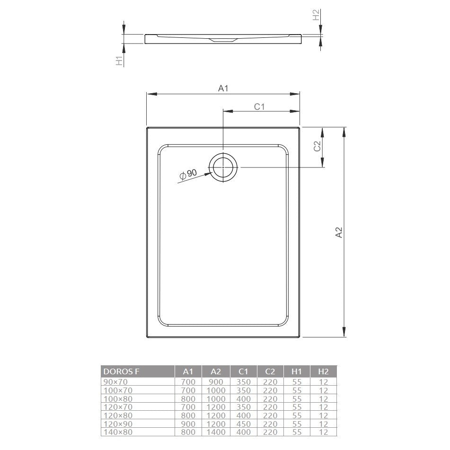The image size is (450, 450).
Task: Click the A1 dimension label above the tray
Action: [x=223, y=88]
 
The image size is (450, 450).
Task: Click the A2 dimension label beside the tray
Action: [x=339, y=232]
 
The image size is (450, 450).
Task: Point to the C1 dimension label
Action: [x=259, y=107]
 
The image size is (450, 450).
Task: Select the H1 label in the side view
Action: [x=119, y=61]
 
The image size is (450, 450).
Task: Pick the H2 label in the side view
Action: [x=316, y=15]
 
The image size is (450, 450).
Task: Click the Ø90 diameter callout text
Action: [x=188, y=174]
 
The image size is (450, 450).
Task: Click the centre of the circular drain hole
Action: [x=223, y=168]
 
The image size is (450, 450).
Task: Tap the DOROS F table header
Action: [x=121, y=371]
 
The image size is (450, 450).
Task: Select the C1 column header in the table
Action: [x=243, y=371]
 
